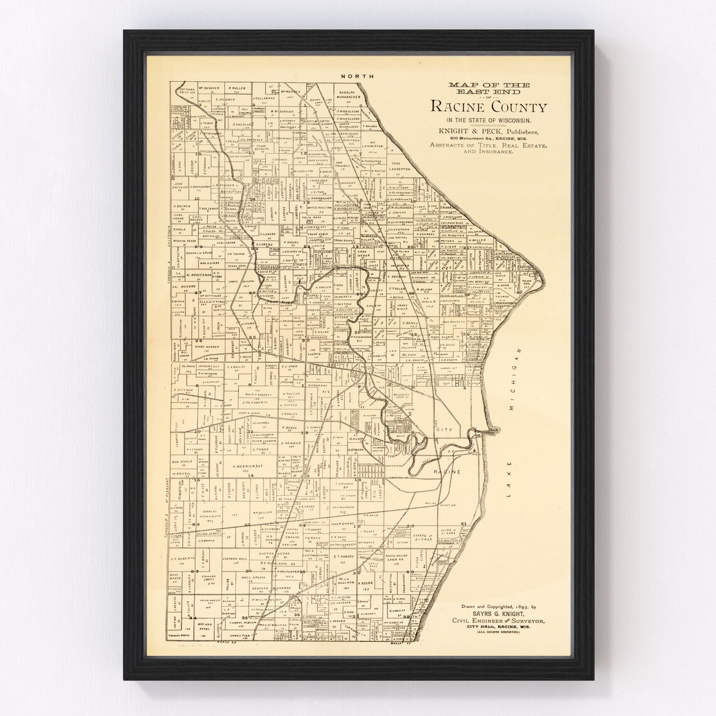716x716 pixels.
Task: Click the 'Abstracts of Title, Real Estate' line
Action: click(x=488, y=145)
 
